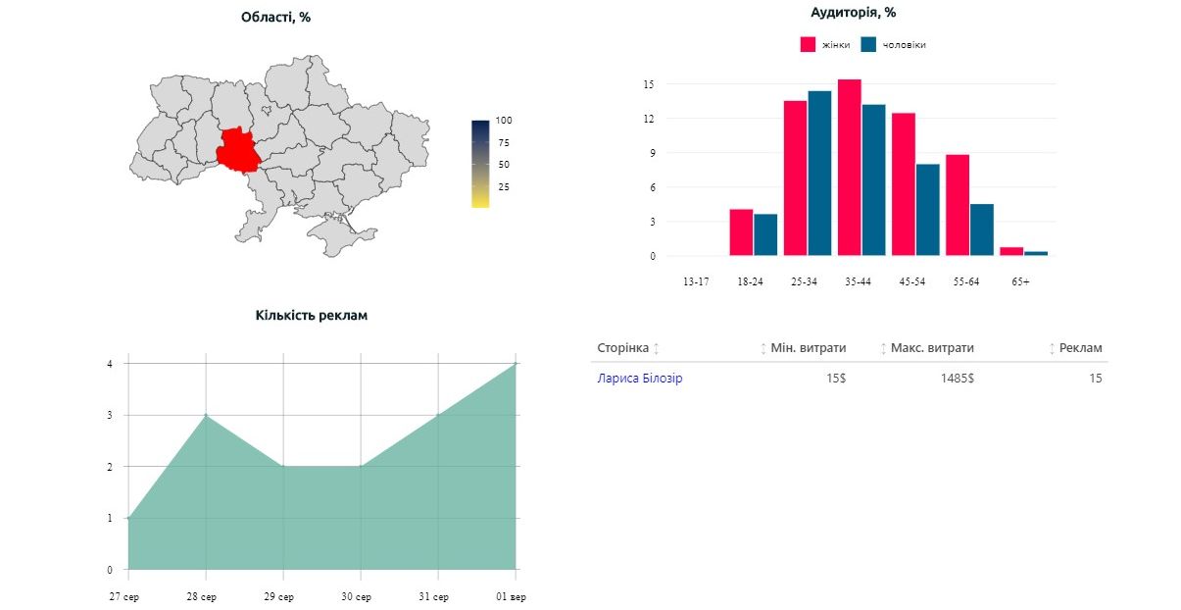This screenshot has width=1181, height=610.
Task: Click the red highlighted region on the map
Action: (237, 150)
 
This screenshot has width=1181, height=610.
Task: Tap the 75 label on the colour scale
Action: (504, 142)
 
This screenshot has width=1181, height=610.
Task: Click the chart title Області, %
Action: (275, 18)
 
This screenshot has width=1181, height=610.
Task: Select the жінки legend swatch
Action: (808, 44)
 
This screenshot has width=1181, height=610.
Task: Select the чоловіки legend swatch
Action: (868, 44)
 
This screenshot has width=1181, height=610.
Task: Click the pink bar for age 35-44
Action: (850, 168)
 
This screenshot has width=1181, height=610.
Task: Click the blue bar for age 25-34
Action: (819, 174)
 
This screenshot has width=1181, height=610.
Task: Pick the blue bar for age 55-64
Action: (982, 230)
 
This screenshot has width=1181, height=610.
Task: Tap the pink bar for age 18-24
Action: (741, 232)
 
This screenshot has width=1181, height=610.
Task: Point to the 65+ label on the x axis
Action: (1020, 281)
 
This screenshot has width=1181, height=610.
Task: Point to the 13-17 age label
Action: (696, 281)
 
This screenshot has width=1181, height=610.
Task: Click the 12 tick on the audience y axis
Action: (649, 119)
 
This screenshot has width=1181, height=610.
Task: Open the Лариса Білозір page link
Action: (640, 379)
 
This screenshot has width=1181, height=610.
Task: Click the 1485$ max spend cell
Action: (958, 379)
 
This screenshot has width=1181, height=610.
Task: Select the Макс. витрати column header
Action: (932, 348)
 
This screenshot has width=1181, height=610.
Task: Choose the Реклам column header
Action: (1080, 348)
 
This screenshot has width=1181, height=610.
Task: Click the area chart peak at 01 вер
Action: (516, 364)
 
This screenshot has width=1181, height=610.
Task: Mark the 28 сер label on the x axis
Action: (201, 597)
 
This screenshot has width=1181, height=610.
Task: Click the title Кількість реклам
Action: (312, 316)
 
